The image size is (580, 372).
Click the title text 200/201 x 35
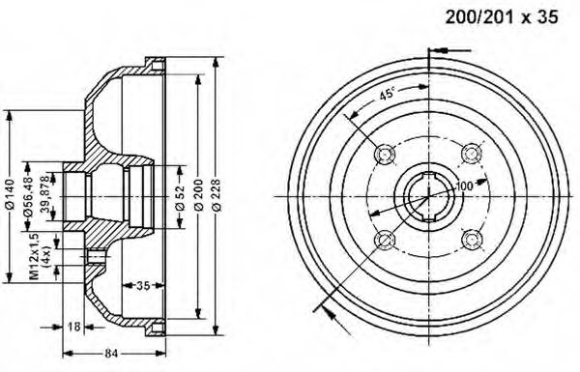501,17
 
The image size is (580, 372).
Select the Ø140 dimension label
10,194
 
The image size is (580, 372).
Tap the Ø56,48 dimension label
28,196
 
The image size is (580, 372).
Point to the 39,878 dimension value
44,192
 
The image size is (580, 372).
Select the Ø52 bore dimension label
180,197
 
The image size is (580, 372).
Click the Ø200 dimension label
199,194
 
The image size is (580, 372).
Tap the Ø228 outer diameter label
216,195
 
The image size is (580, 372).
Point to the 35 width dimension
143,285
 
